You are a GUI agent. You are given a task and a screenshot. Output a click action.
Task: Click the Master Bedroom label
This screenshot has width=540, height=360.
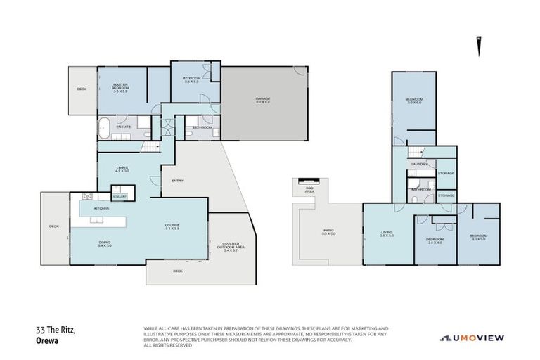[x=124, y=89]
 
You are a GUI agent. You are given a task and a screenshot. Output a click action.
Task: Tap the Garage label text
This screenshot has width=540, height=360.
[x=263, y=100]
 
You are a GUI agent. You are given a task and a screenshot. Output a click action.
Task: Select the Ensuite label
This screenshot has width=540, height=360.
[x=124, y=127]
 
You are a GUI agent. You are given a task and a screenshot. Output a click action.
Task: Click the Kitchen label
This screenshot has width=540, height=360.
[x=101, y=208]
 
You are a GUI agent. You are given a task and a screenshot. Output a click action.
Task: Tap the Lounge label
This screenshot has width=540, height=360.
[x=173, y=226]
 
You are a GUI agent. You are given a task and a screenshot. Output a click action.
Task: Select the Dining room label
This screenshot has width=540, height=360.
[x=105, y=243]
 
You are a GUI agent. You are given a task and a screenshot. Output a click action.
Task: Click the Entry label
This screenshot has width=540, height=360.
[x=177, y=181]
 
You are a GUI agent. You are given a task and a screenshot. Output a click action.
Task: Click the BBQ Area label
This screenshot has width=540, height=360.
[x=309, y=190]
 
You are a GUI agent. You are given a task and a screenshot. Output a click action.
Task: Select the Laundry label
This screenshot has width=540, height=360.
[x=420, y=164]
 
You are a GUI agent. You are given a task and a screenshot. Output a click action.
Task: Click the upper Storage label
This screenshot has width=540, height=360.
[x=446, y=173]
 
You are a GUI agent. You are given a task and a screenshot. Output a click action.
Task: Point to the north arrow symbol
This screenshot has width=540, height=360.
[x=479, y=47]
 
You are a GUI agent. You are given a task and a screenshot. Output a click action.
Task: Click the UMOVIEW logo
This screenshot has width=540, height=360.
[x=472, y=337]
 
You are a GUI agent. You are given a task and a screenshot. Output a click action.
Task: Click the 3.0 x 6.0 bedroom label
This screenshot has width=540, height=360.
[x=413, y=101]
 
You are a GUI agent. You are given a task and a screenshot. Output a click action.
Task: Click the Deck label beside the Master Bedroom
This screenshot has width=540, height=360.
[x=82, y=89]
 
